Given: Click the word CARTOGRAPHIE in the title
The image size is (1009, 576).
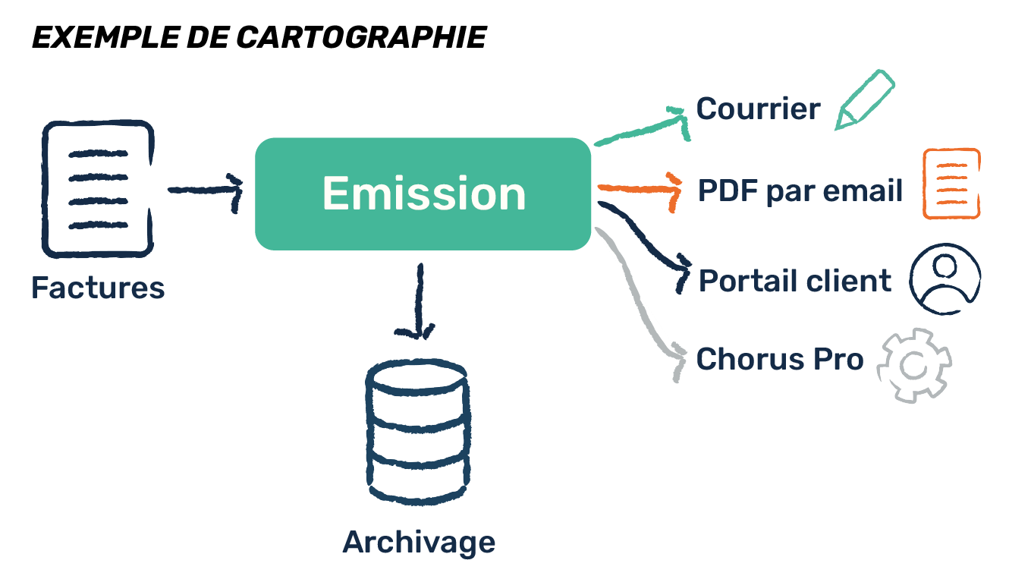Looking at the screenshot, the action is click(361, 37).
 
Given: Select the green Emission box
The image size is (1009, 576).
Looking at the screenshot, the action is click(423, 194).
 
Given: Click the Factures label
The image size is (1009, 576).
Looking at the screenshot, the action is click(98, 288).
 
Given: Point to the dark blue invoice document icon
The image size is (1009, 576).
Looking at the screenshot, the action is click(98, 189).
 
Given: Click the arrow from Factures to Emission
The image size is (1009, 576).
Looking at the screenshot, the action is click(206, 190).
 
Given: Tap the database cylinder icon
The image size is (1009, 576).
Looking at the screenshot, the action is click(417, 432).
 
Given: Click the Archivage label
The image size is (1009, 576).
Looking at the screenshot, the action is click(419, 543).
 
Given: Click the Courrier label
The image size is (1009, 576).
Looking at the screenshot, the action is click(758, 109).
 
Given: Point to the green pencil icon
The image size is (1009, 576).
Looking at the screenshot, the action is click(865, 100).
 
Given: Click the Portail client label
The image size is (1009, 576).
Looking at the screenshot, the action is click(794, 281).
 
